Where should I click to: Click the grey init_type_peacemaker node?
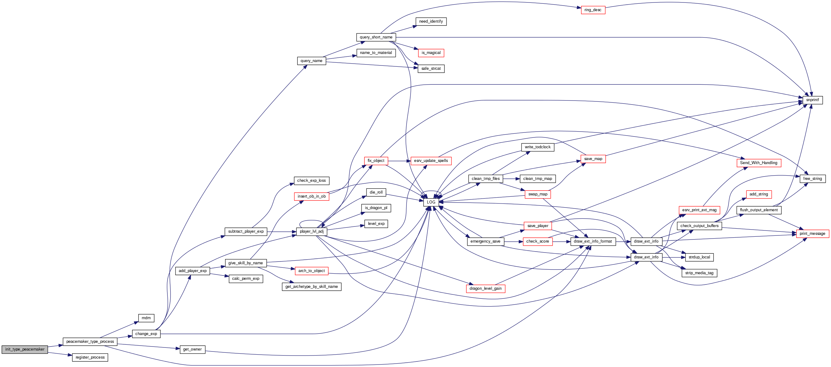click(x=25, y=349)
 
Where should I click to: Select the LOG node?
click(x=431, y=202)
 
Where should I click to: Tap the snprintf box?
click(x=812, y=100)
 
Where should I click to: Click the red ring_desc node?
click(x=593, y=10)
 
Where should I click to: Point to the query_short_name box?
click(x=376, y=37)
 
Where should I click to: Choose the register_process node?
click(x=90, y=357)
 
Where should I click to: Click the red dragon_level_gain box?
click(x=485, y=289)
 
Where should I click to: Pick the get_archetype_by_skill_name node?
click(x=311, y=287)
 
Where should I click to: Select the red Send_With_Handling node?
click(x=758, y=163)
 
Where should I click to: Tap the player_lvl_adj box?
click(x=311, y=231)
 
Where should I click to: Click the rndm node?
click(x=146, y=318)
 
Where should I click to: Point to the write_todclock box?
click(x=537, y=147)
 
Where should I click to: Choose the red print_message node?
click(x=812, y=234)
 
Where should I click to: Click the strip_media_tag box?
click(x=699, y=273)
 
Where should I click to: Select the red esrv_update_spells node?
click(x=431, y=161)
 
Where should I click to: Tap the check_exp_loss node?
click(x=311, y=181)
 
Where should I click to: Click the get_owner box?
click(x=192, y=349)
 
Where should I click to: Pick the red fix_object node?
click(x=376, y=161)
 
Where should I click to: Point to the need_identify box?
click(x=431, y=22)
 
